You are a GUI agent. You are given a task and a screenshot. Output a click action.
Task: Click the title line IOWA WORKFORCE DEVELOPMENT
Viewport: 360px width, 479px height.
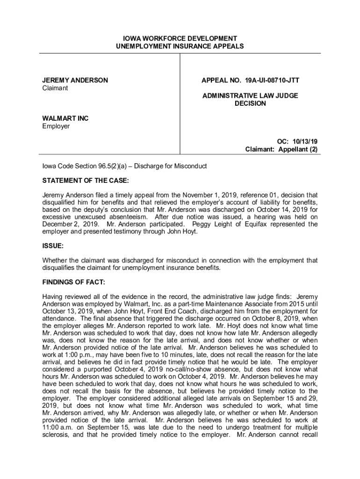[180, 38]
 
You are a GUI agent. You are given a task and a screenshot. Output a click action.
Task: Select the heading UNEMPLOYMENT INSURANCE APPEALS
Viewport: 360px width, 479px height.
[180, 46]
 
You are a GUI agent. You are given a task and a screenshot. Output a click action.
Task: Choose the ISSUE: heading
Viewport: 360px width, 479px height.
[53, 245]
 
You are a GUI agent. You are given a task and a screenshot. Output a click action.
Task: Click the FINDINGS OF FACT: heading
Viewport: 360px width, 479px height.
[74, 283]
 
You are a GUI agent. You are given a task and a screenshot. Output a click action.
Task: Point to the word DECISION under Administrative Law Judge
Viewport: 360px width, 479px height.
[250, 103]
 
